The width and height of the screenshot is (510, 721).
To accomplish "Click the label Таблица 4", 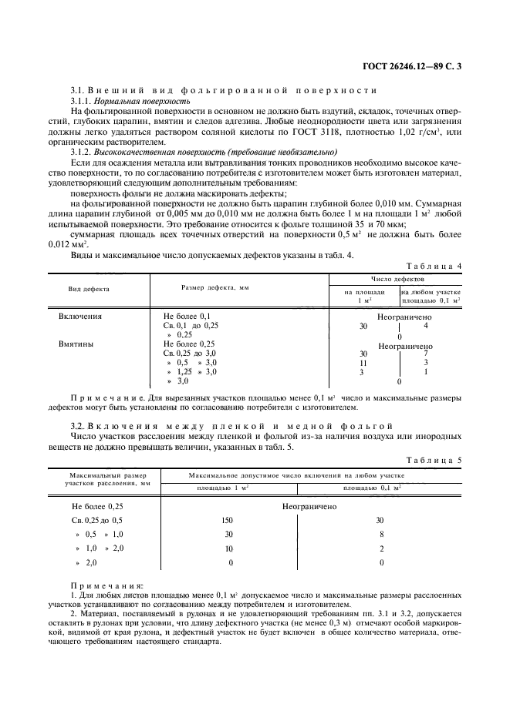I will click(436, 266).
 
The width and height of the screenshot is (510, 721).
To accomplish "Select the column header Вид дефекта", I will click(90, 290).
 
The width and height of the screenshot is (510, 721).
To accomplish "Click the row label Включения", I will click(81, 316).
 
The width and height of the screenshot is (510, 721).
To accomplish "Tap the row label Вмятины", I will click(76, 344).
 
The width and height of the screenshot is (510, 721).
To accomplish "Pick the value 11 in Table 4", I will click(363, 362).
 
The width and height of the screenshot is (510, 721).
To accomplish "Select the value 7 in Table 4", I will click(425, 353).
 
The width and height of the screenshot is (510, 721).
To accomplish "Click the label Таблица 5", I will click(436, 460).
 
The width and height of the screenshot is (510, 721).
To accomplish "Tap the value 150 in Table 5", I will click(228, 520).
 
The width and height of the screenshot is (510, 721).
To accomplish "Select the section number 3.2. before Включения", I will click(78, 424).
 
